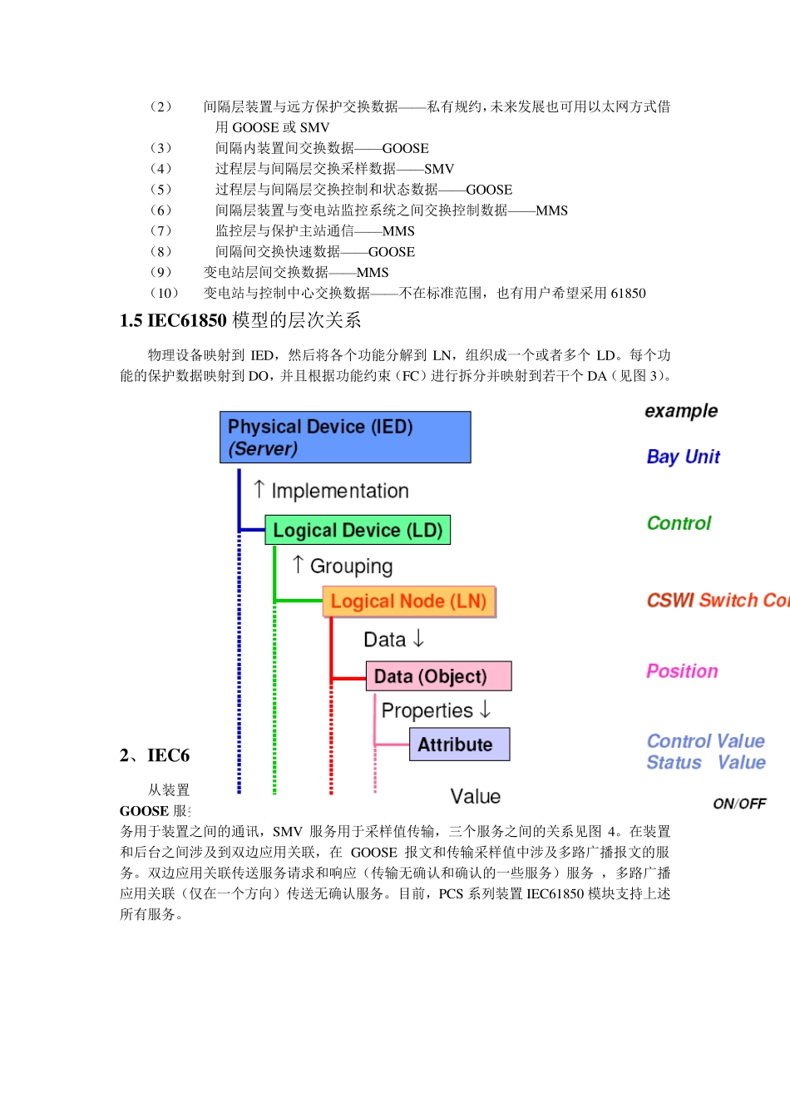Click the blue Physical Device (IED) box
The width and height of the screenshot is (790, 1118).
click(345, 437)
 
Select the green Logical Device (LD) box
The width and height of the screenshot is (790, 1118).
click(358, 530)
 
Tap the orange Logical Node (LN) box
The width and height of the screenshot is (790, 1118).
click(408, 601)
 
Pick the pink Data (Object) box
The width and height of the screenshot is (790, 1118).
click(438, 676)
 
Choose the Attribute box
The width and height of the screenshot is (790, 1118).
click(459, 745)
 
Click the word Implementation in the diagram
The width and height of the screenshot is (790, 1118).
click(340, 491)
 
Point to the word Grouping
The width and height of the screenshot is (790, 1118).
click(351, 566)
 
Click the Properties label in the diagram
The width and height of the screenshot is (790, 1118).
click(427, 710)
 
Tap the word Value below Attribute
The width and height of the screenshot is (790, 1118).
click(475, 796)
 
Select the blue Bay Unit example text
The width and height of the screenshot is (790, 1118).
click(683, 457)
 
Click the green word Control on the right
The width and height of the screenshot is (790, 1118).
click(679, 523)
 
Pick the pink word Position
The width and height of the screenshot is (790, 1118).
click(682, 671)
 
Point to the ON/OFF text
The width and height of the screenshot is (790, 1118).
click(739, 804)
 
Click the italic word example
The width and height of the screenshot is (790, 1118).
click(681, 411)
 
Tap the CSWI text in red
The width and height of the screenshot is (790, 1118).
click(670, 600)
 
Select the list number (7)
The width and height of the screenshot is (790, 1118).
click(160, 231)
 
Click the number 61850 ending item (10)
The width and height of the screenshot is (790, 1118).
click(628, 293)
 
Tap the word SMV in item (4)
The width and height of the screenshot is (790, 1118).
click(439, 169)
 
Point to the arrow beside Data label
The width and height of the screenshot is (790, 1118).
click(418, 638)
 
